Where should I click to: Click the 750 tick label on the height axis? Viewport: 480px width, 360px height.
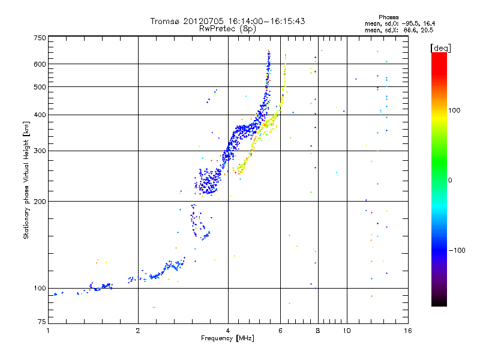pyautogui.click(x=39, y=38)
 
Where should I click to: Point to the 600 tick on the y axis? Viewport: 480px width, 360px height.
pyautogui.click(x=39, y=64)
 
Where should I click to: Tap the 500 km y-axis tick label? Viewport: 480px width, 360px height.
pyautogui.click(x=39, y=87)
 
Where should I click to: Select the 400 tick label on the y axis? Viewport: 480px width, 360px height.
pyautogui.click(x=39, y=115)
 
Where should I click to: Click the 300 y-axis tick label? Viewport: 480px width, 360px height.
pyautogui.click(x=39, y=151)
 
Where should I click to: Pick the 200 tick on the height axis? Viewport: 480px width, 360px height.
pyautogui.click(x=39, y=201)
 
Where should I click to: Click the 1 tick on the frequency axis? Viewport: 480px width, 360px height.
pyautogui.click(x=48, y=331)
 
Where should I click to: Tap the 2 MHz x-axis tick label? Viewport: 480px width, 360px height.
pyautogui.click(x=138, y=331)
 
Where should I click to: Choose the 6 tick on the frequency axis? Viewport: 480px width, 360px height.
pyautogui.click(x=281, y=331)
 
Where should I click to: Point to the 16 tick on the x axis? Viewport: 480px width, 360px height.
pyautogui.click(x=408, y=331)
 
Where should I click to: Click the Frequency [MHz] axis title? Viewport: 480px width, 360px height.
pyautogui.click(x=228, y=338)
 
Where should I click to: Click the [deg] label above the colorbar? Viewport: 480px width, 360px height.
pyautogui.click(x=440, y=47)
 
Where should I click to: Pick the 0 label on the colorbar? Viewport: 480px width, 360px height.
pyautogui.click(x=450, y=180)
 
